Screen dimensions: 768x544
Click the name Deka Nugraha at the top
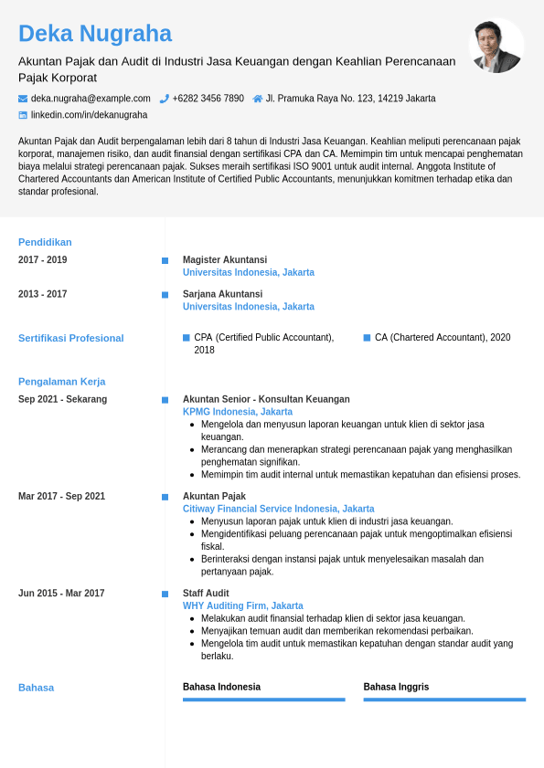click(x=95, y=34)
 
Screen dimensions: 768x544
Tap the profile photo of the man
click(x=496, y=46)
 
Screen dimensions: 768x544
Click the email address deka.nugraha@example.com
click(x=91, y=99)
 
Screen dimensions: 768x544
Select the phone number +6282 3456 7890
click(x=208, y=99)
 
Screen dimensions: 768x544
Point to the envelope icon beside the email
click(x=23, y=99)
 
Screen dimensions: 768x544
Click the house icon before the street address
click(x=258, y=99)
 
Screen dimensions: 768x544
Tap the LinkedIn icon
click(x=23, y=115)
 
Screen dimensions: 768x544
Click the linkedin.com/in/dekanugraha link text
click(x=89, y=115)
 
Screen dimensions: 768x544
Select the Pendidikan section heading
click(x=45, y=242)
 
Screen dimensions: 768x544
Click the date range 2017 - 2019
click(x=42, y=260)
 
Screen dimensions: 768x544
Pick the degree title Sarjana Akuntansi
click(x=222, y=294)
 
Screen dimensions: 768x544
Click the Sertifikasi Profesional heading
click(x=70, y=338)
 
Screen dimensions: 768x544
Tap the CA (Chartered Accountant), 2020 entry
click(x=443, y=338)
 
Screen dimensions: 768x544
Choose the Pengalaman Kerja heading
click(x=61, y=381)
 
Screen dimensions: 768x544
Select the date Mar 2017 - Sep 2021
click(x=61, y=497)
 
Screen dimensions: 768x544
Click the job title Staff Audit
click(x=206, y=594)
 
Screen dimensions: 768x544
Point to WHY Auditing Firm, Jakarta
click(x=242, y=606)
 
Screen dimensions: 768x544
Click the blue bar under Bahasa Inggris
click(x=444, y=700)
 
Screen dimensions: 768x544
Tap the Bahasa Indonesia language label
click(x=221, y=687)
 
